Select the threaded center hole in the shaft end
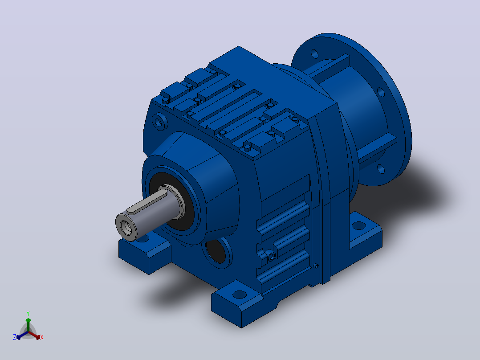click(x=126, y=227)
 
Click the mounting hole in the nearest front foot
click(x=240, y=295)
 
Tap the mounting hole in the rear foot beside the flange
click(x=359, y=226)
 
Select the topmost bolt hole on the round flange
click(x=314, y=53)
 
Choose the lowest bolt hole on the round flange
click(x=381, y=169)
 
